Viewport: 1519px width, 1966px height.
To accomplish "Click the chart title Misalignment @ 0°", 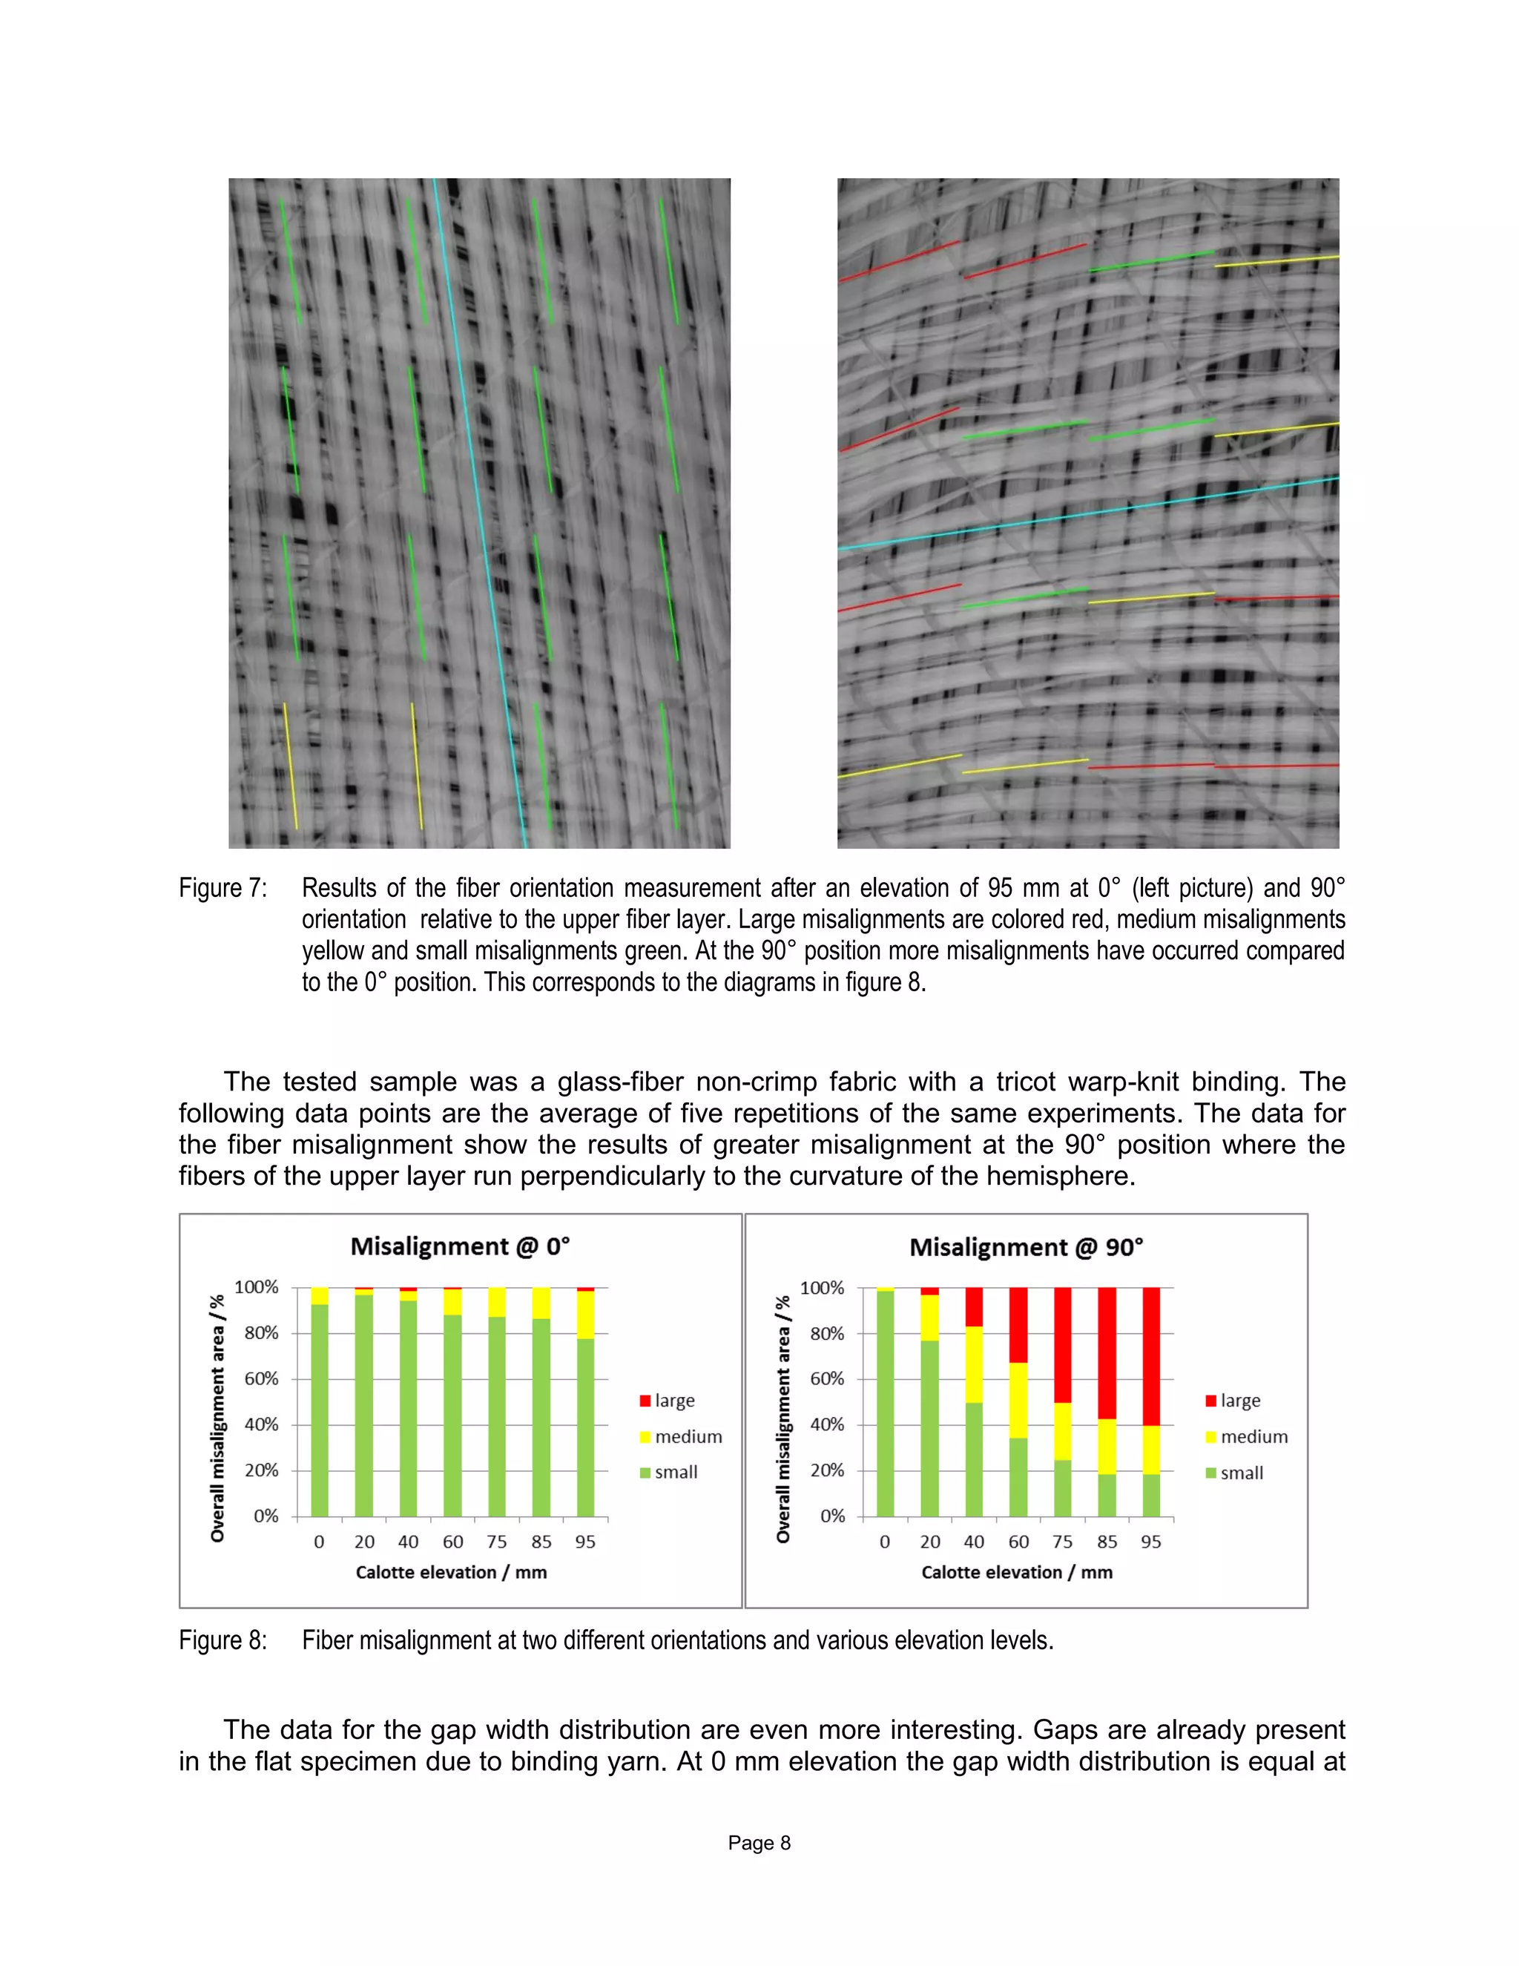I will pyautogui.click(x=460, y=1247).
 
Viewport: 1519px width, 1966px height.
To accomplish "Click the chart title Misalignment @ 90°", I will pyautogui.click(x=1026, y=1248).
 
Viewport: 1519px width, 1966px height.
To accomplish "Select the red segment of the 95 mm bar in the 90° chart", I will pyautogui.click(x=1151, y=1355).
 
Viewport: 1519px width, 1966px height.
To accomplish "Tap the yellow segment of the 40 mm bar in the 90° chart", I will pyautogui.click(x=974, y=1364).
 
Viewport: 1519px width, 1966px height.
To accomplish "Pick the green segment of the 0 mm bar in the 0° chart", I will pyautogui.click(x=320, y=1410).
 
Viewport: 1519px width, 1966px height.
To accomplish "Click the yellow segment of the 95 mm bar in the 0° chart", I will pyautogui.click(x=585, y=1315).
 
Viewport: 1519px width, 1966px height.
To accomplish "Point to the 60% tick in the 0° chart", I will pyautogui.click(x=261, y=1378).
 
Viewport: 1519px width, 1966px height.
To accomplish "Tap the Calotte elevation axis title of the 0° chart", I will pyautogui.click(x=451, y=1572).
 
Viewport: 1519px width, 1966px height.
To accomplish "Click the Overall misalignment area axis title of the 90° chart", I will pyautogui.click(x=783, y=1418).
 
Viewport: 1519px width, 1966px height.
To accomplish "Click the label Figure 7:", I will pyautogui.click(x=223, y=889).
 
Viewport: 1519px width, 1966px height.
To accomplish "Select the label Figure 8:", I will pyautogui.click(x=223, y=1640).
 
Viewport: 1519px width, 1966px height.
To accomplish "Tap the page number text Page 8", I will pyautogui.click(x=759, y=1843).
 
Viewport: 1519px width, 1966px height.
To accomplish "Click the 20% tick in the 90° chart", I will pyautogui.click(x=827, y=1470).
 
